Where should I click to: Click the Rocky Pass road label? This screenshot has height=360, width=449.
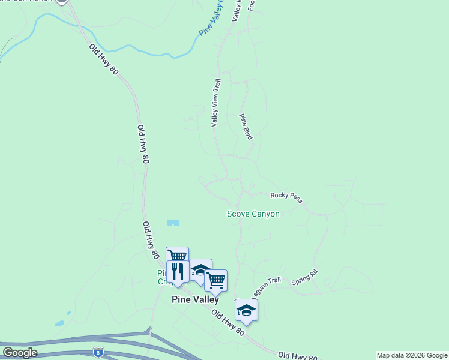(x=286, y=196)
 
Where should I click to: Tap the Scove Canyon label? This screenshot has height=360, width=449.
(x=253, y=214)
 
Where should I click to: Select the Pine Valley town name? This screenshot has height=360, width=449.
(x=195, y=299)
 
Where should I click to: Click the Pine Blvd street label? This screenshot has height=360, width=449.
(x=246, y=127)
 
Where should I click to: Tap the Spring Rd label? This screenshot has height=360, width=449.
(x=304, y=278)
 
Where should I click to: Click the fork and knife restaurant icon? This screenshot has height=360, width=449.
(x=178, y=271)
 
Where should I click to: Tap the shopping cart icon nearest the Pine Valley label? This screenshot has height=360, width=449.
(x=215, y=280)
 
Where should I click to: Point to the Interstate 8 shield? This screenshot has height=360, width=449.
(x=98, y=352)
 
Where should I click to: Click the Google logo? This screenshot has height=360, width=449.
(x=20, y=353)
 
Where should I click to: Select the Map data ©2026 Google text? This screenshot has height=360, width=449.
(x=412, y=355)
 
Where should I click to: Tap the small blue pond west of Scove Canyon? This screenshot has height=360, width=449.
(x=173, y=223)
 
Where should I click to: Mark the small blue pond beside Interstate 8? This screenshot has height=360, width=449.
(x=60, y=323)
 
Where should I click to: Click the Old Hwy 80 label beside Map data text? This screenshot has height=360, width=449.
(x=298, y=356)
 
